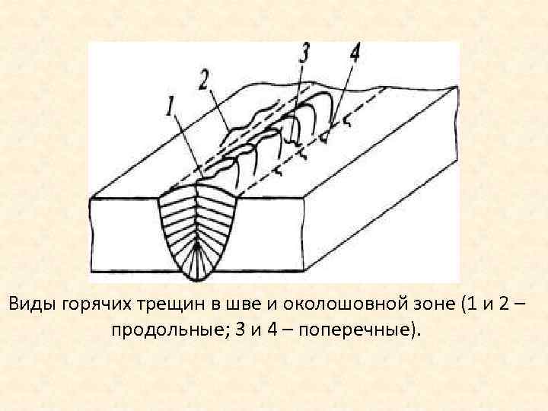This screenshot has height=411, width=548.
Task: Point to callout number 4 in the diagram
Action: (x=355, y=54)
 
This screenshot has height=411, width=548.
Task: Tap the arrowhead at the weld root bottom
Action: (x=198, y=247)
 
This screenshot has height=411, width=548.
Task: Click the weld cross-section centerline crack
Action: (x=197, y=221)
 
